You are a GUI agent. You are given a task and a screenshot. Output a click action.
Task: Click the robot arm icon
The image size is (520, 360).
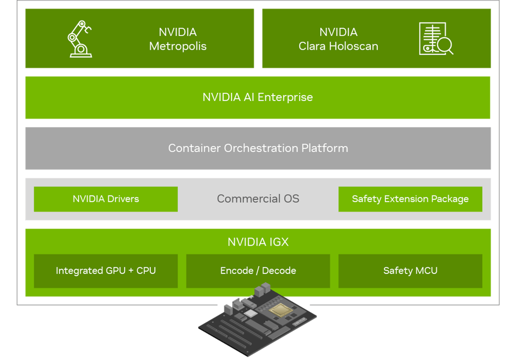coord(80,39)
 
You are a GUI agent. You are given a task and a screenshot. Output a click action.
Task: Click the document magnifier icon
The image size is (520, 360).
coord(435,39)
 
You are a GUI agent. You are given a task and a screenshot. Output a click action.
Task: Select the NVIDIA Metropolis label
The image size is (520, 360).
coord(178,39)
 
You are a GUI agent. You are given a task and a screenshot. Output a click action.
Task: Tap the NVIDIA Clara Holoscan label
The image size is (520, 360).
coord(338,39)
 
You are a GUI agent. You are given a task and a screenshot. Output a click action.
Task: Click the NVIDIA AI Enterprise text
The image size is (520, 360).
coord(257,97)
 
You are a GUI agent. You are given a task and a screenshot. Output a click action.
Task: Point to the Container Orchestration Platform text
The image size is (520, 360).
coord(258,148)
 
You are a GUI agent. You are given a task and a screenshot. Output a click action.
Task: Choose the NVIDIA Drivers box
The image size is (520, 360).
coord(106,199)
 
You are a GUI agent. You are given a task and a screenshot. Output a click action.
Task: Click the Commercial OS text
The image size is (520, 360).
coord(258,199)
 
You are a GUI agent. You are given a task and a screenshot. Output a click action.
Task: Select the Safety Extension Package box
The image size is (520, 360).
coord(410,199)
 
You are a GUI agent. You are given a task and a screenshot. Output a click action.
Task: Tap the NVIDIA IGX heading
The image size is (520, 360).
coord(258,242)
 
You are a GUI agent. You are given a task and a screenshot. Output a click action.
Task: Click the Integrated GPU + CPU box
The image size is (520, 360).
coord(106,271)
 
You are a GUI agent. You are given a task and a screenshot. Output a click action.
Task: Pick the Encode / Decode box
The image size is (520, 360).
coord(258,271)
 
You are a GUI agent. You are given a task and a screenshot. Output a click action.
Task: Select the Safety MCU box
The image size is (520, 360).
coord(410,271)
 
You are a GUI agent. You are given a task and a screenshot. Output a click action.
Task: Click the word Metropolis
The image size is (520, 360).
coord(178,46)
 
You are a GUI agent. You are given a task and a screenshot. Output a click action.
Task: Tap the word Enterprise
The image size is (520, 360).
coord(285,97)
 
